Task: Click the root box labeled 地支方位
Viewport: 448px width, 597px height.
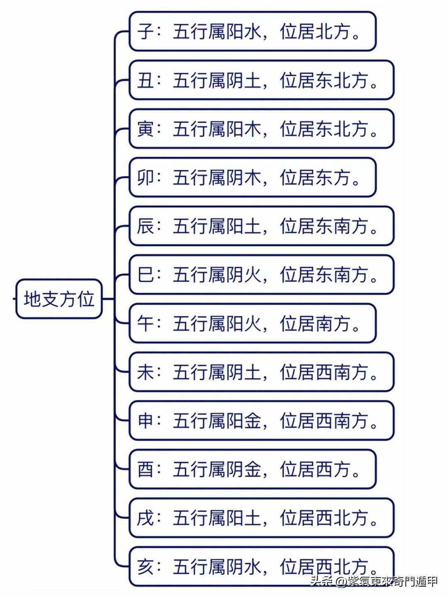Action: [59, 299]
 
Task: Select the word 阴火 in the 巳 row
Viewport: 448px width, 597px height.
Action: [243, 275]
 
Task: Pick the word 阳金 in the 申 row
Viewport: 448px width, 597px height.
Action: [243, 421]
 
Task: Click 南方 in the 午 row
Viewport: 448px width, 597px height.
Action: [333, 323]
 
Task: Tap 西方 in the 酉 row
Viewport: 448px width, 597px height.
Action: [333, 469]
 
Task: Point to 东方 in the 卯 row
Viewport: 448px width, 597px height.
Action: [333, 178]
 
